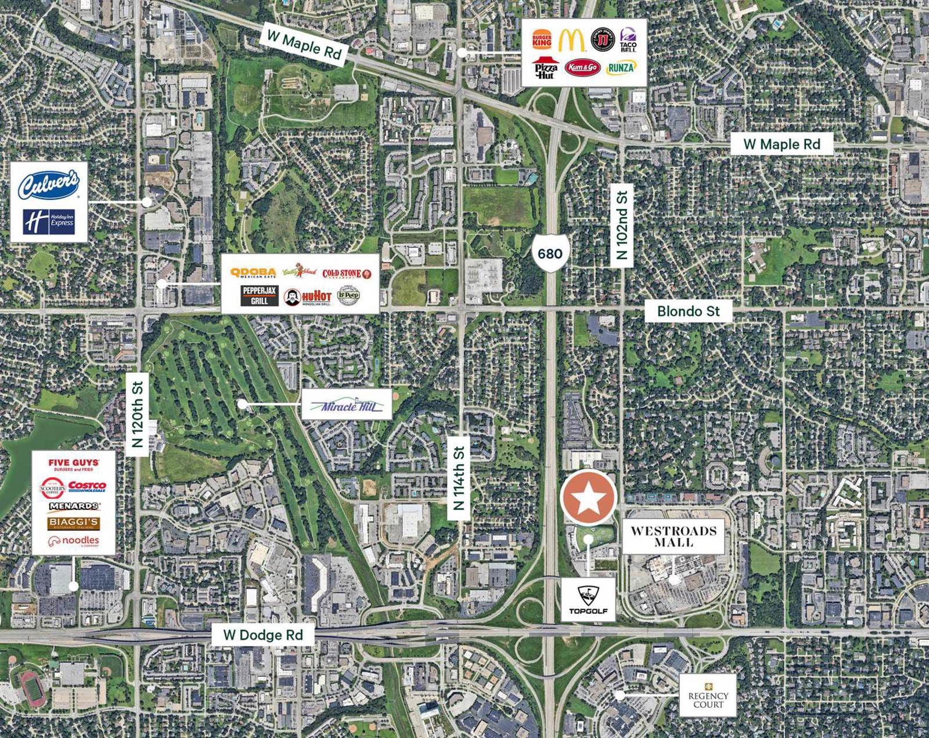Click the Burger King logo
tap(542, 40)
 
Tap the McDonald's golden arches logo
tap(572, 39)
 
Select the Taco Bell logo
tap(628, 40)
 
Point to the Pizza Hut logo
tap(545, 68)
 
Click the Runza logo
tap(621, 68)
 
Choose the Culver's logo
tap(48, 185)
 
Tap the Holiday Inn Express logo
tap(49, 222)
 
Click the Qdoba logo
tap(253, 273)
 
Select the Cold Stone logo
tap(347, 273)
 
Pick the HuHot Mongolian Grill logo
tap(308, 297)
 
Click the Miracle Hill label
tap(347, 405)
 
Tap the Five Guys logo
tap(74, 465)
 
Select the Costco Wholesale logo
tap(87, 486)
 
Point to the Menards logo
tap(74, 506)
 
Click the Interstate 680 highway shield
tap(549, 253)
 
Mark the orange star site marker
tap(588, 498)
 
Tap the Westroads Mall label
tap(674, 536)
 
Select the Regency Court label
tap(708, 695)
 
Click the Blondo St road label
tap(688, 311)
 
